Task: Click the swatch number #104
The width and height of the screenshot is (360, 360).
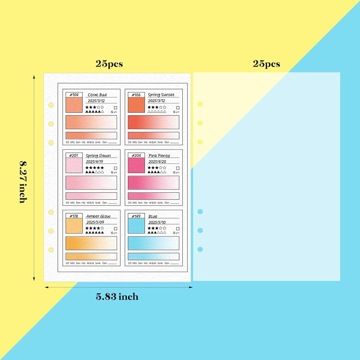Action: click(x=74, y=95)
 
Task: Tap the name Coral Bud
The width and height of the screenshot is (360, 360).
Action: click(x=97, y=95)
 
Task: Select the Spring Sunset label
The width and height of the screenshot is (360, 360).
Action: click(x=161, y=95)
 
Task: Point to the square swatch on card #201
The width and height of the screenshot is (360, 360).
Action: click(x=74, y=165)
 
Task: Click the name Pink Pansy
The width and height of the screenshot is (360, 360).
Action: click(x=159, y=156)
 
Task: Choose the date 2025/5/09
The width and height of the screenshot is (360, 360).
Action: click(x=95, y=222)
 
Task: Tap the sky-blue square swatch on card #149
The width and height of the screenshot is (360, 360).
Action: click(x=136, y=226)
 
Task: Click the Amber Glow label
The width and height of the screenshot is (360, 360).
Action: click(x=98, y=216)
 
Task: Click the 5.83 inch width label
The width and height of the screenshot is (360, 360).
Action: click(x=117, y=297)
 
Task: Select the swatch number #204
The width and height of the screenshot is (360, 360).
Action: click(x=136, y=156)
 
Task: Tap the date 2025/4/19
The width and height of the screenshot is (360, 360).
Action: click(x=95, y=162)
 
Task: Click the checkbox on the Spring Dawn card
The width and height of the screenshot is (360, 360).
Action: click(x=115, y=168)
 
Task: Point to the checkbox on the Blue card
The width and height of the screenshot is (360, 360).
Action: click(x=177, y=229)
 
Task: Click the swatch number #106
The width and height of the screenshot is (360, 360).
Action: click(x=136, y=95)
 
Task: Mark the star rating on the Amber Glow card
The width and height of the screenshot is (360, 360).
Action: click(x=95, y=228)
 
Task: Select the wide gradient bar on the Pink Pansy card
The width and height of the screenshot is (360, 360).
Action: click(x=153, y=183)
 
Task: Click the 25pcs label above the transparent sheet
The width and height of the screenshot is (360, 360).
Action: click(x=266, y=64)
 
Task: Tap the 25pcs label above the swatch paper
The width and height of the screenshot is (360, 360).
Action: click(x=109, y=64)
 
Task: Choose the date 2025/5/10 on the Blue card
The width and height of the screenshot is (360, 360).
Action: click(x=157, y=222)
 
